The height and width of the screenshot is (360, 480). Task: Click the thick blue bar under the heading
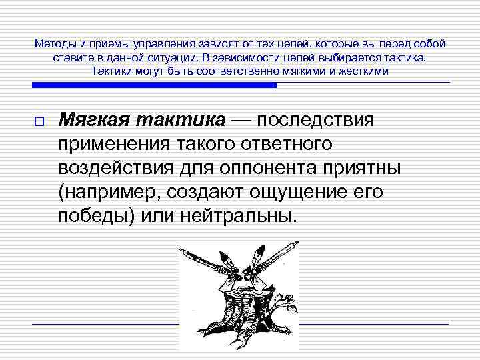tap(154, 85)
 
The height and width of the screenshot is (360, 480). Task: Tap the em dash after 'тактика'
tap(242, 120)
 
